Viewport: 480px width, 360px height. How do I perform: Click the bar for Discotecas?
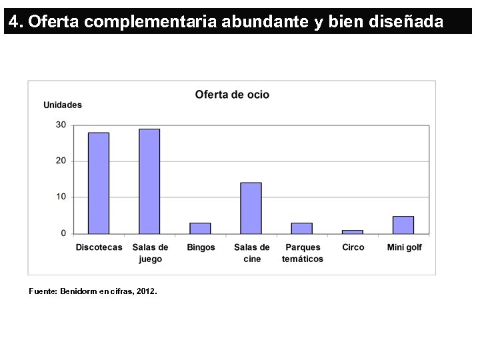pos(99,183)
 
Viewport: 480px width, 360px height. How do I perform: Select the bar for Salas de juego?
pos(149,181)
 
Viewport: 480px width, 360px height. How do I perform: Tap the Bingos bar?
pos(200,228)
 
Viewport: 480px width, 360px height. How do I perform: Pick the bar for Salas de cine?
pos(251,208)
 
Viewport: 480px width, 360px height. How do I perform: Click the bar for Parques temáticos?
pos(301,228)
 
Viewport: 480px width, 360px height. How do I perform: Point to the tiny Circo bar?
pos(353,231)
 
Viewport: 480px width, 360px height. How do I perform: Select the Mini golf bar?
pos(403,225)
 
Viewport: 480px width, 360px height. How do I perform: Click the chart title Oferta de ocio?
pos(232,95)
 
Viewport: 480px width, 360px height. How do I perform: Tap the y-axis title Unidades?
pos(63,105)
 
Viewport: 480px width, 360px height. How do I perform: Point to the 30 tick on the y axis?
pos(61,125)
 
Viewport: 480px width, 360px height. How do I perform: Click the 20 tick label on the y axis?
pos(61,161)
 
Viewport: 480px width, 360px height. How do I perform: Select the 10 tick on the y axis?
pos(61,197)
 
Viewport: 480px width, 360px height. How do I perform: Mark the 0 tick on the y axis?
pos(63,233)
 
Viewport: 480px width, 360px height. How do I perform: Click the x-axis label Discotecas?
pos(99,247)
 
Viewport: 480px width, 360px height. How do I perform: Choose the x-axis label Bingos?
pos(201,247)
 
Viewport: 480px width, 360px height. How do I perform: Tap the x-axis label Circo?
pos(353,247)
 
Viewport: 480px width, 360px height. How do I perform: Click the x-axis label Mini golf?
pos(404,247)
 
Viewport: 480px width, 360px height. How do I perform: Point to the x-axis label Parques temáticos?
pos(302,253)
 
